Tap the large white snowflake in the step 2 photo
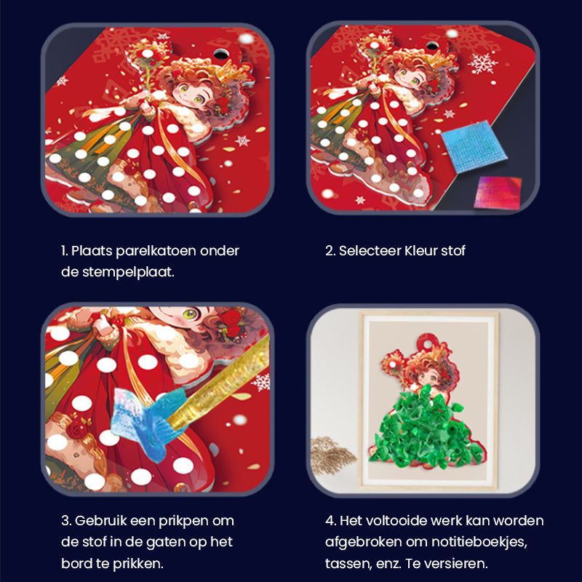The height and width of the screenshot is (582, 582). [x=483, y=64]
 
